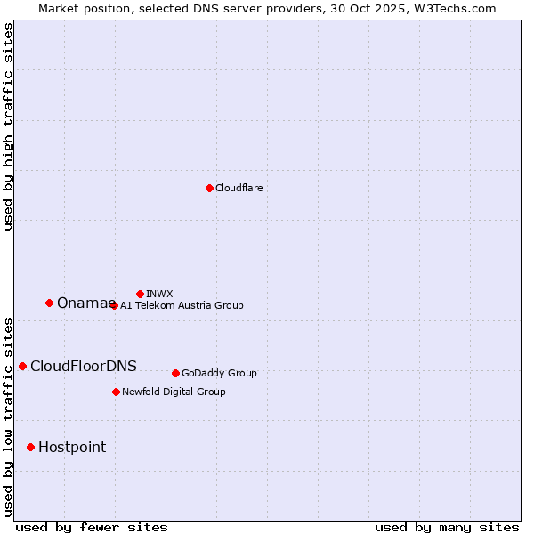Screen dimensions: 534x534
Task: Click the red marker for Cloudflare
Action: (209, 188)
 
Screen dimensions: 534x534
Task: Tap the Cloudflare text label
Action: (239, 188)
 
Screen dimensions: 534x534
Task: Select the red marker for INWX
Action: (140, 294)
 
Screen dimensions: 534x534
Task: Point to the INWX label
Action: (159, 294)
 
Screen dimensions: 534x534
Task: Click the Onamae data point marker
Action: (49, 303)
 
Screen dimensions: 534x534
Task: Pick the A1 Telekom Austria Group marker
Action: (114, 305)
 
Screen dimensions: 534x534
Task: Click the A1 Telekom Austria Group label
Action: (182, 305)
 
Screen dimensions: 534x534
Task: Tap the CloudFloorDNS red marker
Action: (22, 366)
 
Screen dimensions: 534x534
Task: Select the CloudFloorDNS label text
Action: (84, 367)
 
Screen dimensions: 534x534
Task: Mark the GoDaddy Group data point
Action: (175, 373)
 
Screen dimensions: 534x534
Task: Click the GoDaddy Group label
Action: (219, 373)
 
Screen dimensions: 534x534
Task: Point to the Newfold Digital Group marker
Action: (116, 392)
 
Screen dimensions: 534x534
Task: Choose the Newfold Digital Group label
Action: (174, 392)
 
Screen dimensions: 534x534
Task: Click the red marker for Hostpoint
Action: (30, 447)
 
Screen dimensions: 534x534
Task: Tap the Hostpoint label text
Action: (72, 448)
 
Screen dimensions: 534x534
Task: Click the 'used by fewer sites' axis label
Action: (92, 528)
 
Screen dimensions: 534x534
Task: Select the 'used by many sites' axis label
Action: (447, 528)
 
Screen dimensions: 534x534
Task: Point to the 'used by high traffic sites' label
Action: (8, 126)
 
